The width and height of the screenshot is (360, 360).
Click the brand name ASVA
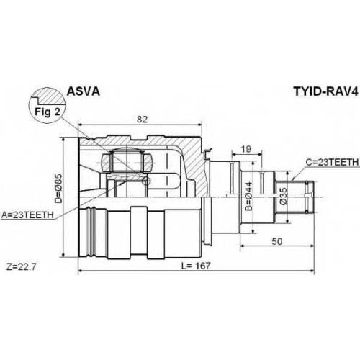point(83,91)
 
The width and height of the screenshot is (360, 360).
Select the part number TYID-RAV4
point(325,91)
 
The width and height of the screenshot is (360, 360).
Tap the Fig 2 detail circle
point(48,106)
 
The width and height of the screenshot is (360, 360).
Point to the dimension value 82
point(142,120)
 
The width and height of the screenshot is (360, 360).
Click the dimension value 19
point(246,149)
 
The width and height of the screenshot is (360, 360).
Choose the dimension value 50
point(277,241)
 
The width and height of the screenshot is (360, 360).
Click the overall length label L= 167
point(196,266)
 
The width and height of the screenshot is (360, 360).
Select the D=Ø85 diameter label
point(58,188)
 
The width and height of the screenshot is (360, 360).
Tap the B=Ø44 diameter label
point(249,197)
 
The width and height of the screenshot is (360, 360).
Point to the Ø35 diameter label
point(283,196)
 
